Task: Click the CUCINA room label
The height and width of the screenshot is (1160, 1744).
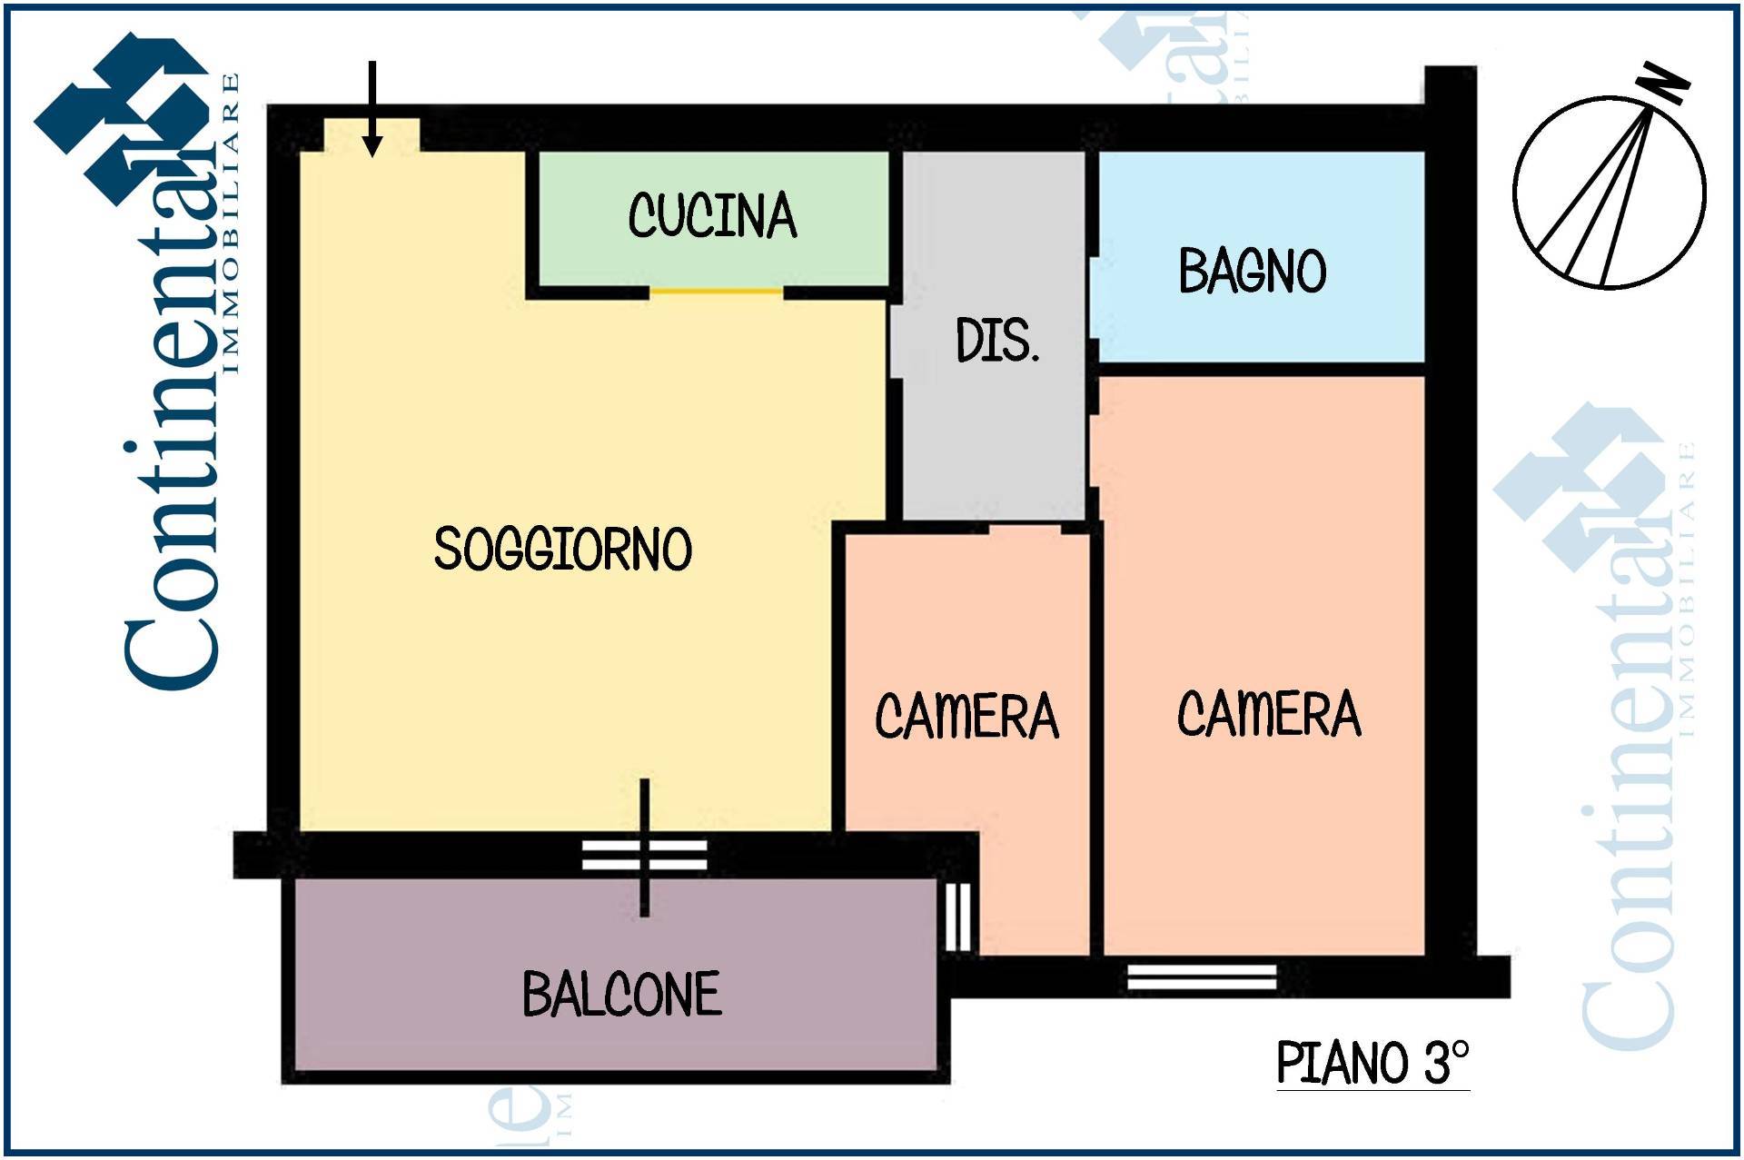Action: coord(712,216)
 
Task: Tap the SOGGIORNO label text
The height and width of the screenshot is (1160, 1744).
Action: coord(563,549)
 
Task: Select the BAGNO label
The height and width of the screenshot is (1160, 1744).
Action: coord(1253,271)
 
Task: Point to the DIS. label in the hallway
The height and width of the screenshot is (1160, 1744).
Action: coord(997,341)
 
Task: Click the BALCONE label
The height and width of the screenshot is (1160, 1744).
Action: coord(622,994)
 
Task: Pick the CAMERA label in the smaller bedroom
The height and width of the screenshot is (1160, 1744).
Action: coord(967,716)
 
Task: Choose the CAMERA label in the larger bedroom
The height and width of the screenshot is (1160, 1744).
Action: coord(1270,713)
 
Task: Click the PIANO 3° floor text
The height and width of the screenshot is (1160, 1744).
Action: coord(1372,1062)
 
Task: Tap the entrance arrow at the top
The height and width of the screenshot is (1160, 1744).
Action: coord(372,109)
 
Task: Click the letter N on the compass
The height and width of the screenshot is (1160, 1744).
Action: coord(1664,84)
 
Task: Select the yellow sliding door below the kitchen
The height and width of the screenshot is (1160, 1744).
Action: coord(717,291)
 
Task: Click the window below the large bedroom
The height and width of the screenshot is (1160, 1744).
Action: coord(1202,977)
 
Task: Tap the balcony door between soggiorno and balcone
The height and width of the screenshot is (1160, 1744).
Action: coord(645,855)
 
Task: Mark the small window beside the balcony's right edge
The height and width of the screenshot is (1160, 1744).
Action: coord(957,917)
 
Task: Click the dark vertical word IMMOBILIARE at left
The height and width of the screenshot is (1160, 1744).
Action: coord(231,223)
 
